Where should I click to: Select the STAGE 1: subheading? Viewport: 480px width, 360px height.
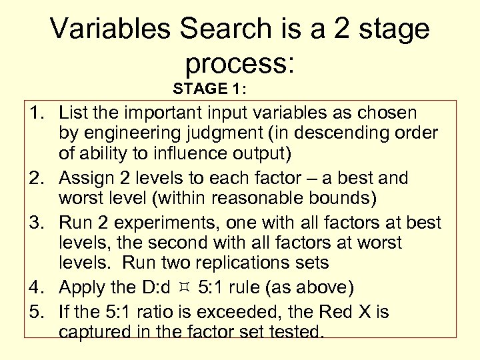209,88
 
